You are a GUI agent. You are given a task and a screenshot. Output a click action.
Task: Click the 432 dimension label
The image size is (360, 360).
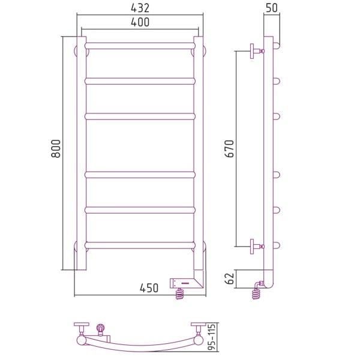pos(140,8)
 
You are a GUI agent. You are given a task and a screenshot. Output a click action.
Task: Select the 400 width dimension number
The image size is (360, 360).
pos(140,22)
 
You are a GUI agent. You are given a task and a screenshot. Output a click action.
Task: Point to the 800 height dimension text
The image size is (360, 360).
pos(56,149)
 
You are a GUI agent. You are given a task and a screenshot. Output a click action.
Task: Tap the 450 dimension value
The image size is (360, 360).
pos(149,288)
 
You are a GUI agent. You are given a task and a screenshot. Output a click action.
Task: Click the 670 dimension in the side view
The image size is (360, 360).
pos(229,149)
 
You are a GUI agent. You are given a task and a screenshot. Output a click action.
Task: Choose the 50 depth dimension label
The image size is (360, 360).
pos(272,8)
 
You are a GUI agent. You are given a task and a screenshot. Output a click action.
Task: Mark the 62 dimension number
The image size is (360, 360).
pos(229,278)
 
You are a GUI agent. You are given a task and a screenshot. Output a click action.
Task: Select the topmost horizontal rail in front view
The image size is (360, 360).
pos(140,46)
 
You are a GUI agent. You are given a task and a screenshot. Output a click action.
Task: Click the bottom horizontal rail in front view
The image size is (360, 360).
pos(140,245)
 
